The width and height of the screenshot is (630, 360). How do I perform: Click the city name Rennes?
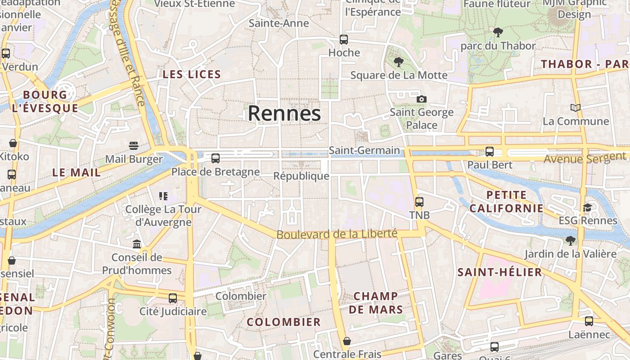point(284,113)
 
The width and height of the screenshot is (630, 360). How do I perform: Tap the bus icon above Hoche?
point(344,40)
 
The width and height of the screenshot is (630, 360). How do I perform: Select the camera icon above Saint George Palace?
point(421,99)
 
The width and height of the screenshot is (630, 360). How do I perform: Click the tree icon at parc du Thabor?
point(498,32)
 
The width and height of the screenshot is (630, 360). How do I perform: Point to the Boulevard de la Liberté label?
point(337,234)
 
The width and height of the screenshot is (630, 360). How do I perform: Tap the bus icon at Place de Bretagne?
point(216,158)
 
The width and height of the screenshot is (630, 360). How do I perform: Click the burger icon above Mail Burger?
point(134,145)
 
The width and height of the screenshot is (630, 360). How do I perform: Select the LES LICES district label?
point(192,75)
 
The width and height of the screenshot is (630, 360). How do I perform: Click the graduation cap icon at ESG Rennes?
point(587,207)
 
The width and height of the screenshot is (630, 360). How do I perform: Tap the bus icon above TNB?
point(419,202)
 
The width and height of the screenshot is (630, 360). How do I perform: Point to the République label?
point(301,176)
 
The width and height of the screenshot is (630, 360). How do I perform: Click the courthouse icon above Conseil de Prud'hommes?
point(137,244)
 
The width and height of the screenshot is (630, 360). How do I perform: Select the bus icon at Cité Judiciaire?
point(173,298)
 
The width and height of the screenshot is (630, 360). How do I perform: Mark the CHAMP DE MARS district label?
point(376,303)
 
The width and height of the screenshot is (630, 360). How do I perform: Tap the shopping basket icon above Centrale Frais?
point(346,341)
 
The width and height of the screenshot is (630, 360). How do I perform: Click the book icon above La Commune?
point(575,108)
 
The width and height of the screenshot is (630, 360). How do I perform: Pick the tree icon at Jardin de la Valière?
point(571,241)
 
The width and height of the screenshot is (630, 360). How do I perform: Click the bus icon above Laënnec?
point(589,321)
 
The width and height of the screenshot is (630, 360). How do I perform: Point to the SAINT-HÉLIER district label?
point(499,272)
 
